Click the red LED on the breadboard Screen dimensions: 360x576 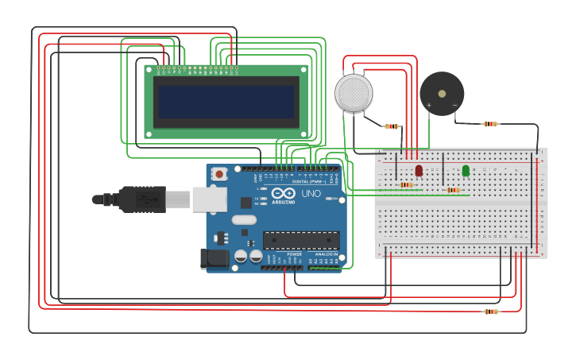coord(419,171)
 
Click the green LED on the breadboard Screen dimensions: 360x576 coord(466,171)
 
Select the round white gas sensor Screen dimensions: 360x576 coord(354,93)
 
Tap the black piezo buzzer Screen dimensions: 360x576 coord(442,93)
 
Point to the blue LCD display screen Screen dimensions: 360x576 coord(226,102)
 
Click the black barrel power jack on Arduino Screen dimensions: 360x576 coord(215,257)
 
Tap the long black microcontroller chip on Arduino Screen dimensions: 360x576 coord(301,239)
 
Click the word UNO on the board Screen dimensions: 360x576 coord(311,194)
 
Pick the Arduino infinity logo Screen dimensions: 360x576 coord(284,193)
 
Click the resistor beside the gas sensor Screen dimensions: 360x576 coord(392,126)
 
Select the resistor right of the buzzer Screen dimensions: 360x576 coord(490,123)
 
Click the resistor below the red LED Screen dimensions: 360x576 coord(406,185)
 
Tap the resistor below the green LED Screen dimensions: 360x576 coord(453,190)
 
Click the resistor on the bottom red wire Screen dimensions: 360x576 coord(491,312)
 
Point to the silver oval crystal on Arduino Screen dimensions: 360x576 coord(245,220)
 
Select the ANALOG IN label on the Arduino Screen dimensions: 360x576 coord(326,254)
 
